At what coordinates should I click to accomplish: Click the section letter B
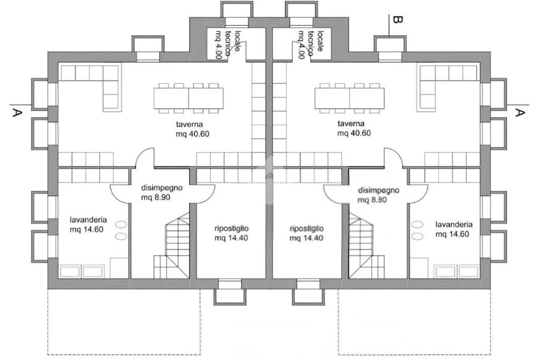[x=397, y=20]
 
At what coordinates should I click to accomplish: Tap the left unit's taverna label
[x=192, y=129]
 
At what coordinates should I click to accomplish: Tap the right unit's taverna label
[x=354, y=129]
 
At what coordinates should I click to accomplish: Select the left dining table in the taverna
[x=188, y=98]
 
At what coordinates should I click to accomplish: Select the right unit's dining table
[x=349, y=98]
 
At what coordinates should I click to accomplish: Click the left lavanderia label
[x=88, y=225]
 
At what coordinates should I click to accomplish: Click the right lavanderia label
[x=454, y=229]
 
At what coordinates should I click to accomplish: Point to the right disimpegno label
[x=378, y=195]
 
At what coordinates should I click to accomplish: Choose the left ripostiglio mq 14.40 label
[x=232, y=233]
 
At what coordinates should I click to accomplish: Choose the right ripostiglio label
[x=306, y=233]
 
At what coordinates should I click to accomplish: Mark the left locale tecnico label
[x=228, y=44]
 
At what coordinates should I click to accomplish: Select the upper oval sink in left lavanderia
[x=121, y=225]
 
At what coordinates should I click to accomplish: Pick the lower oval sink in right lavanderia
[x=418, y=237]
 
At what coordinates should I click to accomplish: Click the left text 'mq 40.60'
[x=192, y=134]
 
